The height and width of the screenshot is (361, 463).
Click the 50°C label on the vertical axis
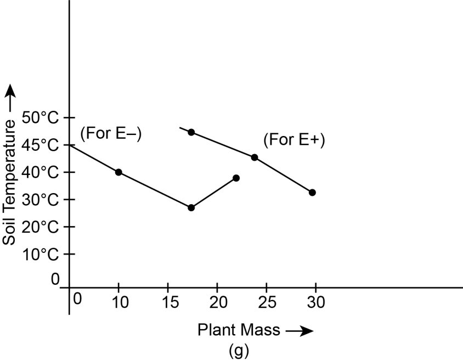(40, 117)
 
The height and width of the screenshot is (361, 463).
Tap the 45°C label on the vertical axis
(40, 145)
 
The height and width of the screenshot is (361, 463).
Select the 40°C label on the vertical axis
(40, 172)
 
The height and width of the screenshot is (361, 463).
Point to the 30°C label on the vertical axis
(40, 199)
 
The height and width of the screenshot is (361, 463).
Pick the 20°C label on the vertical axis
(40, 227)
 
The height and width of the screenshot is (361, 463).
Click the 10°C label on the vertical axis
(40, 254)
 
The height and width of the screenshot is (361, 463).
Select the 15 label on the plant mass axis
(168, 302)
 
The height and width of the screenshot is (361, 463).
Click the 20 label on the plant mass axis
(217, 302)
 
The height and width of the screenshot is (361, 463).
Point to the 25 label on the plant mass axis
(266, 302)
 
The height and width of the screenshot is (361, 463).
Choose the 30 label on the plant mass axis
(315, 302)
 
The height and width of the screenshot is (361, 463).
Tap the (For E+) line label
(294, 140)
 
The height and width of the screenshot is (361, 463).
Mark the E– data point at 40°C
(118, 172)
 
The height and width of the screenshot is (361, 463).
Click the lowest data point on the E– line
(191, 208)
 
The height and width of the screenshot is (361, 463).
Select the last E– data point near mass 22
(236, 178)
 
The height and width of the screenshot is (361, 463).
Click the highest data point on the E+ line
(191, 132)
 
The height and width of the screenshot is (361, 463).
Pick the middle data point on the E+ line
(255, 157)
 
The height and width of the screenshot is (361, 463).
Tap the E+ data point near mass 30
(312, 193)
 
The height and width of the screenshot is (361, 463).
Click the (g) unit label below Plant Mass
(238, 349)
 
